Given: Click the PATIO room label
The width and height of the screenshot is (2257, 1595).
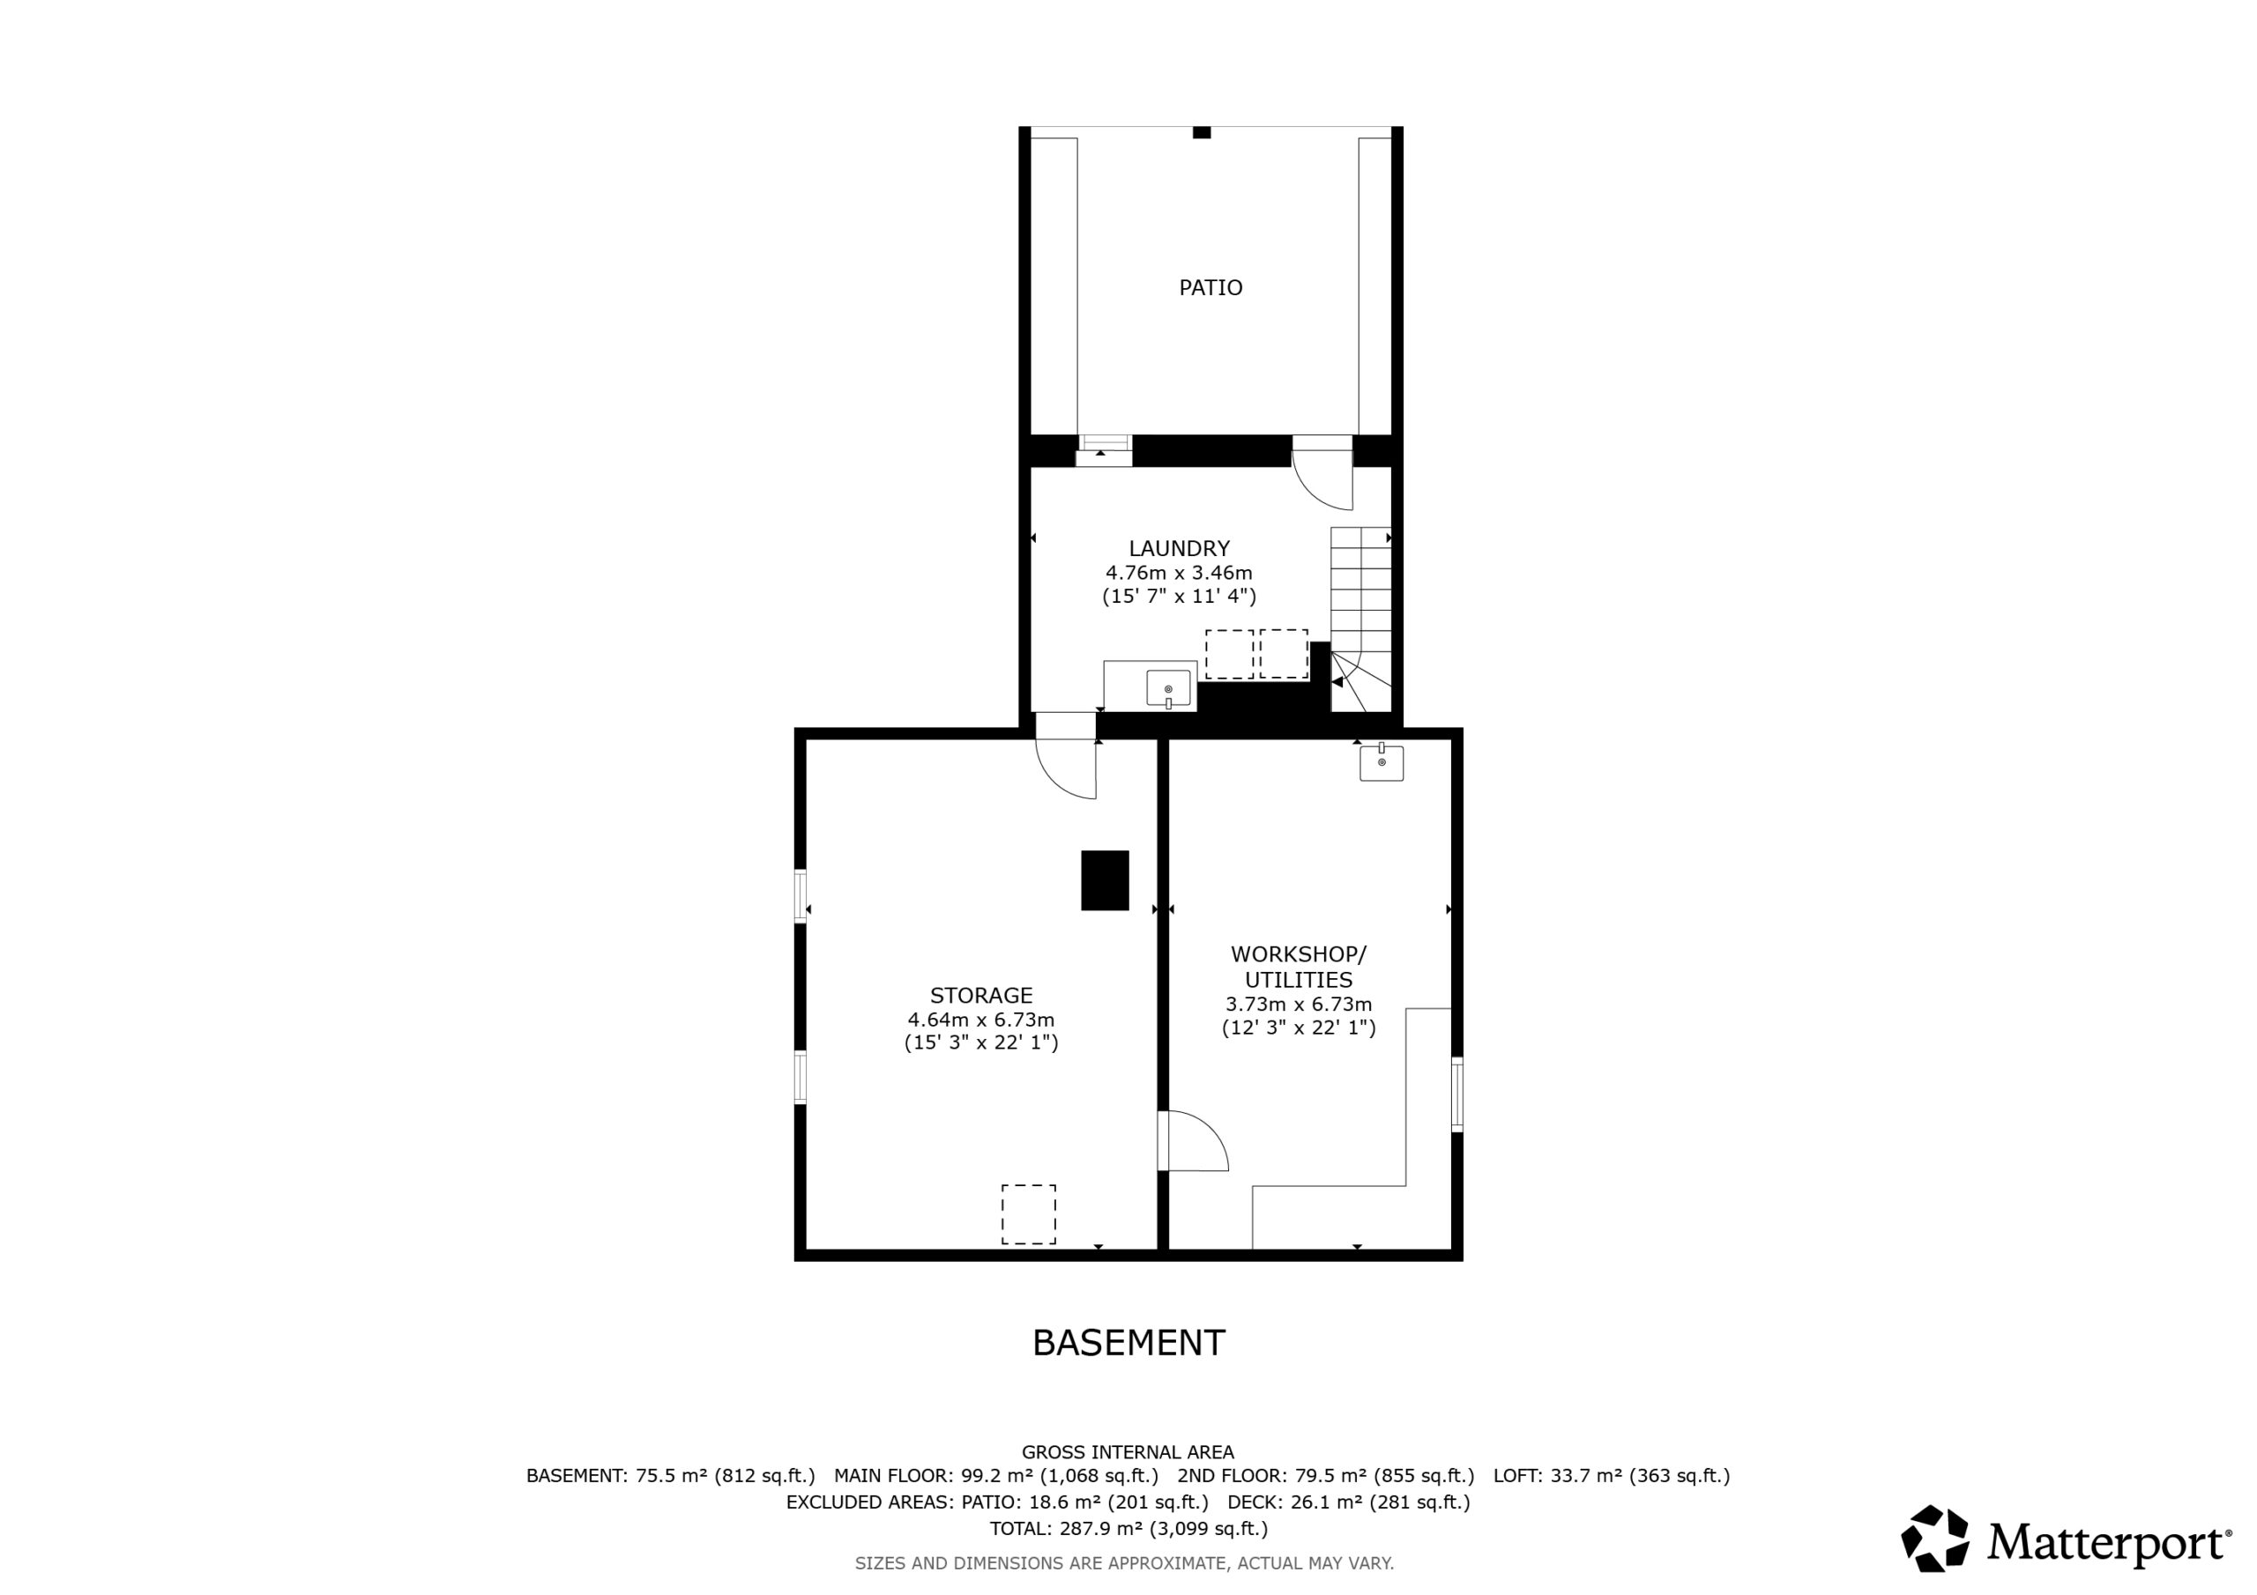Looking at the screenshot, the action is click(x=1210, y=287).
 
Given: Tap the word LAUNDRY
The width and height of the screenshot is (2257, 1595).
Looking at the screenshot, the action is click(x=1179, y=548).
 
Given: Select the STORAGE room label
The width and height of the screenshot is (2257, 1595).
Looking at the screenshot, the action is click(x=981, y=995).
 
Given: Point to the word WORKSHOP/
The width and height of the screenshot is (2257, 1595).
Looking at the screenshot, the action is click(x=1299, y=954).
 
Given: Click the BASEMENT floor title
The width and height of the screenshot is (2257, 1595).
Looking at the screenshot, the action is click(x=1128, y=1342).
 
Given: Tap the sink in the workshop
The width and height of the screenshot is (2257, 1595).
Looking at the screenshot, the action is click(x=1382, y=762).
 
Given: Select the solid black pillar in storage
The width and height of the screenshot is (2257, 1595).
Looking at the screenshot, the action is click(x=1105, y=880).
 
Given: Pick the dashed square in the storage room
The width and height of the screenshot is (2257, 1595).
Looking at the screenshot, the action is click(x=1028, y=1214).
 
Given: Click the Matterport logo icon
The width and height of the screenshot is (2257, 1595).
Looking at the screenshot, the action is click(x=1934, y=1539).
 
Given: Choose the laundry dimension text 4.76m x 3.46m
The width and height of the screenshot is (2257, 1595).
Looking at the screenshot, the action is click(x=1179, y=573).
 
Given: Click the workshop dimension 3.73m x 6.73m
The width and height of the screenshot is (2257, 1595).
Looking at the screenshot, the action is click(x=1299, y=1005).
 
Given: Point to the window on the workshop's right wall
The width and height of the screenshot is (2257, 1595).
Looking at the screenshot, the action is click(x=1456, y=1094).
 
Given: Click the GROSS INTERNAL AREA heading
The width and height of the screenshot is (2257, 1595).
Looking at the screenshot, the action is click(x=1128, y=1451).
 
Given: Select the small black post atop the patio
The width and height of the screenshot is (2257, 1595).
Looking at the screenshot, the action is click(x=1202, y=133).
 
